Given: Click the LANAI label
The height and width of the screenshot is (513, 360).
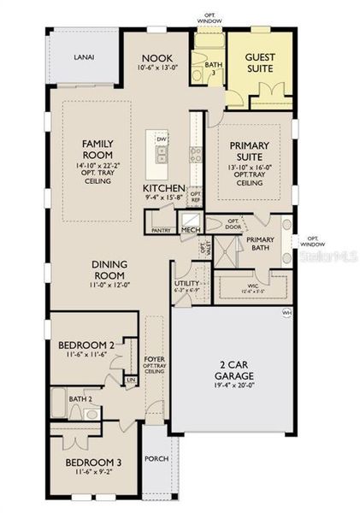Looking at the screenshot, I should click(x=83, y=57).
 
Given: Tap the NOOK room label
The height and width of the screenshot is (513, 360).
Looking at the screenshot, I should click(x=156, y=58).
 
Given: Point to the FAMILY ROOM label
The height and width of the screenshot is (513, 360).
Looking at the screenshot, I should click(x=98, y=149).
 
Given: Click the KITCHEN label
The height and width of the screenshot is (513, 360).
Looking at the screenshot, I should click(x=164, y=186).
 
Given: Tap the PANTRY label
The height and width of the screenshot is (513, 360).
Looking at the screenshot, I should click(x=160, y=230).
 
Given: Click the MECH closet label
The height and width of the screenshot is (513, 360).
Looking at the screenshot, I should click(x=189, y=230).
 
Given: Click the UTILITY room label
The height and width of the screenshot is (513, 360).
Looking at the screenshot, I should click(x=186, y=283).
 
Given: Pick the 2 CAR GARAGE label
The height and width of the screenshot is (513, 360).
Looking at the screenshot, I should click(x=228, y=374).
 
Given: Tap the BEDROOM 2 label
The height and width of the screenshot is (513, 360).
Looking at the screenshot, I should click(x=86, y=345).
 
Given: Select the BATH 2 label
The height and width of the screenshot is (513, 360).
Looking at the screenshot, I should click(x=80, y=398).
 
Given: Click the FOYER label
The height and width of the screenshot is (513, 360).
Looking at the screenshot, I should click(x=154, y=361).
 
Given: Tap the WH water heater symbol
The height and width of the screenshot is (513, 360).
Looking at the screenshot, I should click(x=286, y=314).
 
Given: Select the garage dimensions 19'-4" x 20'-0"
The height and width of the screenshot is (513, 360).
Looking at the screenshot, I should click(x=228, y=386).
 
